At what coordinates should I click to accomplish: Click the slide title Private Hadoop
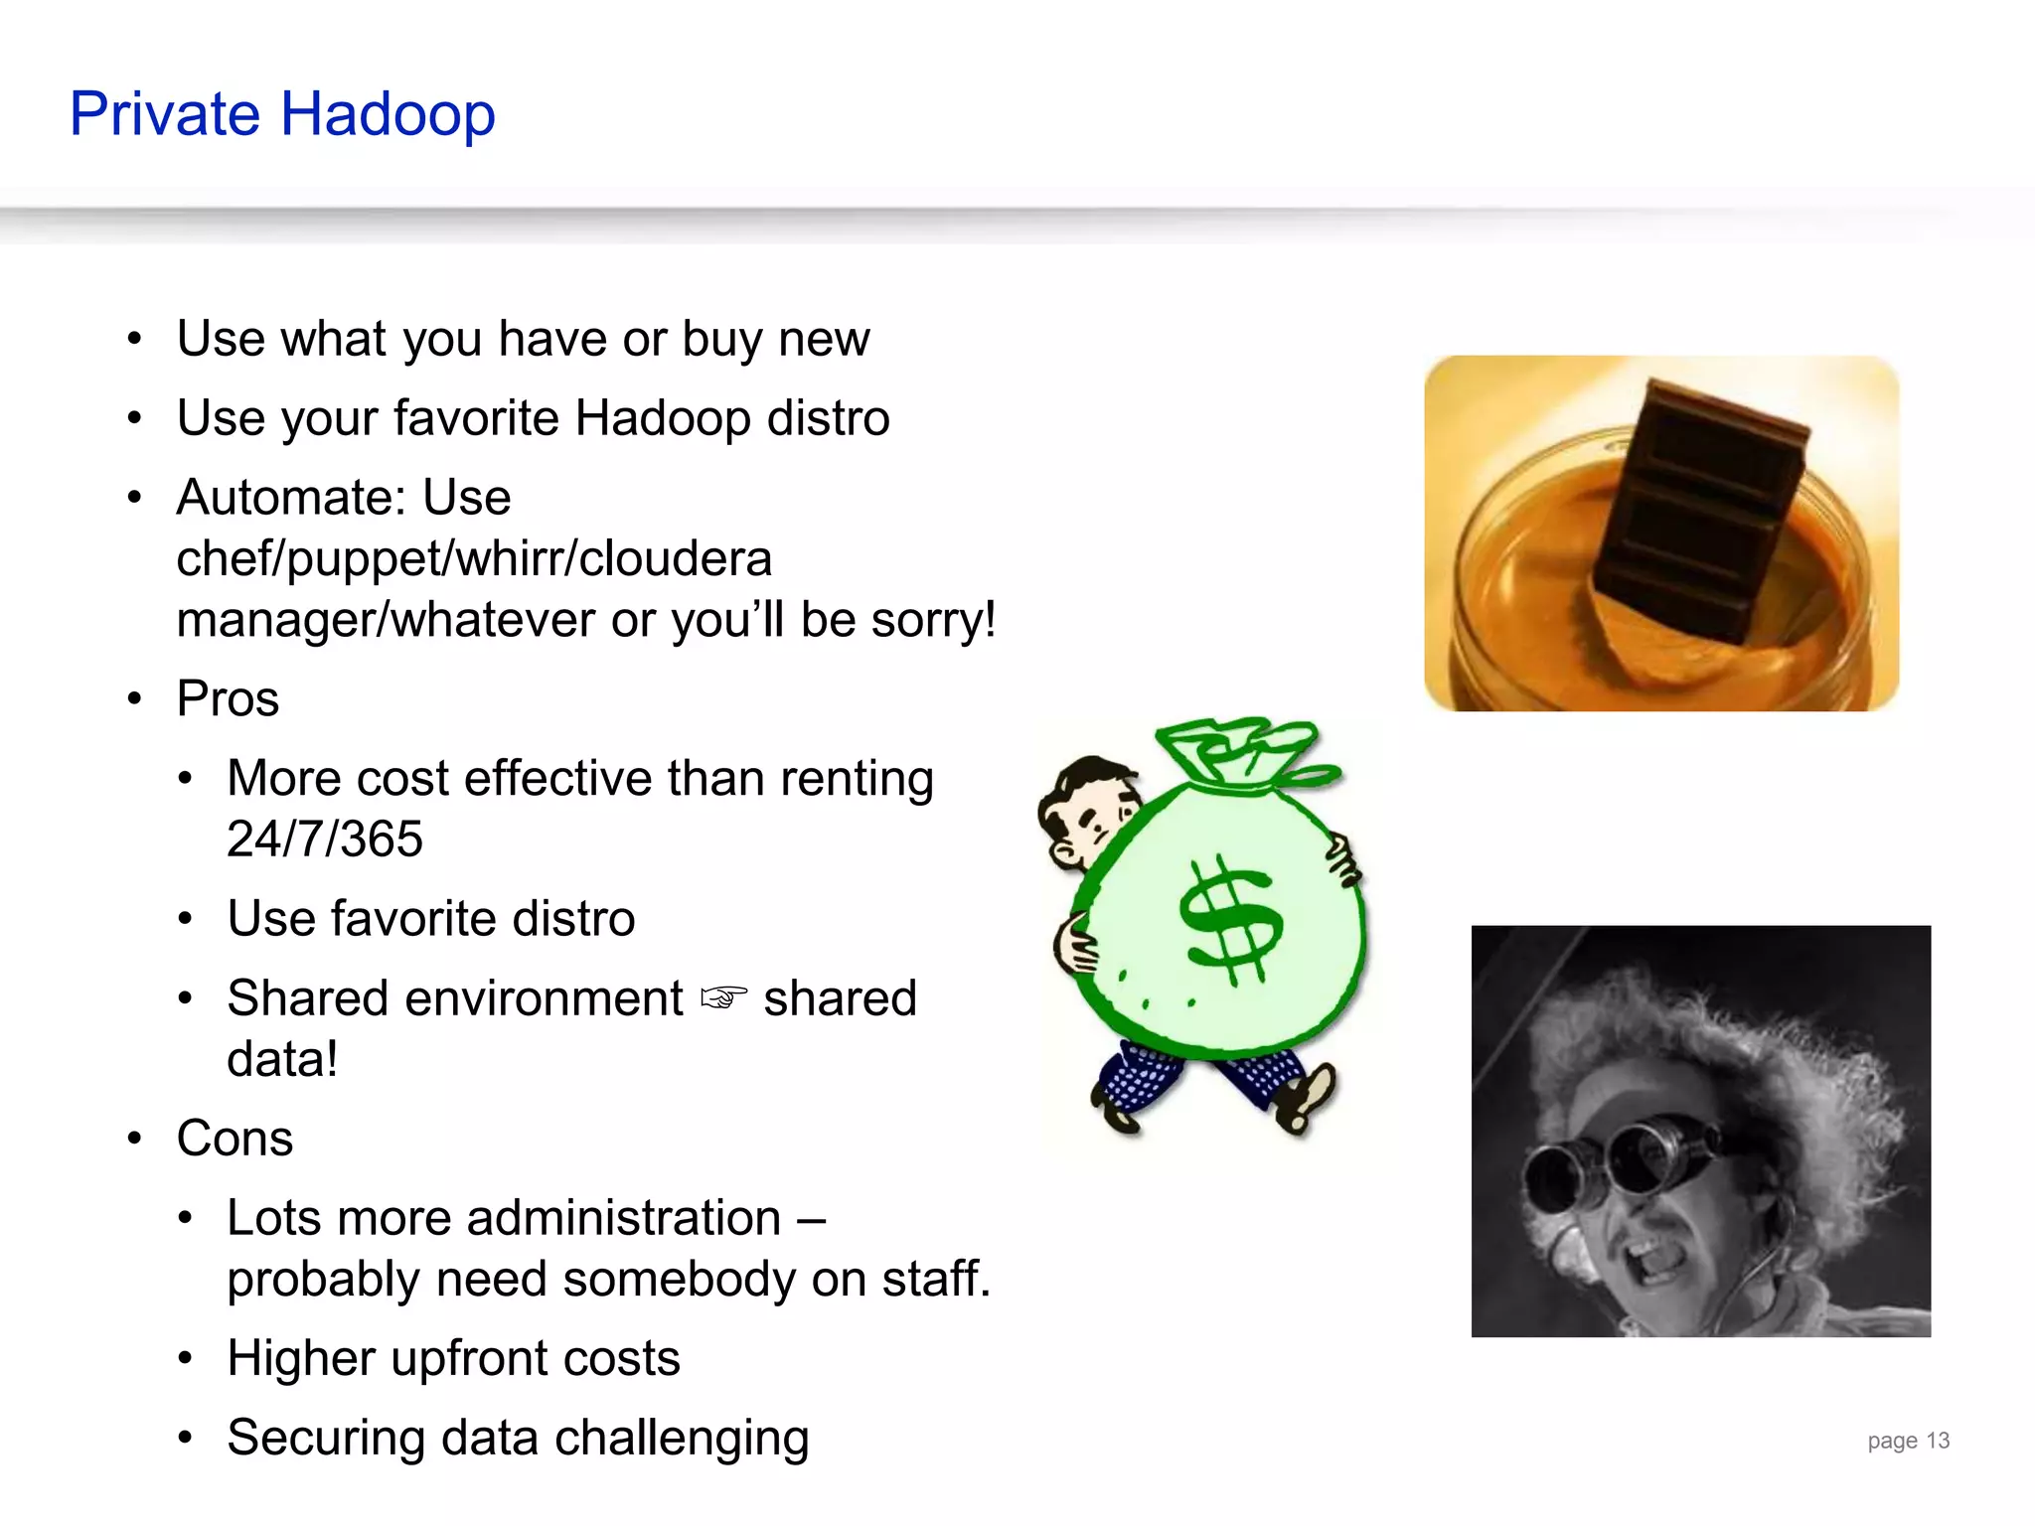(x=282, y=114)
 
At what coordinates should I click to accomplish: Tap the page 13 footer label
(x=1908, y=1441)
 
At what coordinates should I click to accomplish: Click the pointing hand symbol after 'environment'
(x=723, y=997)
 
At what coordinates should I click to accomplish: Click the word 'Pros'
(x=228, y=698)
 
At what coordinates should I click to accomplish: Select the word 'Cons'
(x=235, y=1139)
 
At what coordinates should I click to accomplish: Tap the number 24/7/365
(x=324, y=839)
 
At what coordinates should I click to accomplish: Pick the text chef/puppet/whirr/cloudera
(x=474, y=558)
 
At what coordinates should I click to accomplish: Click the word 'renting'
(x=856, y=778)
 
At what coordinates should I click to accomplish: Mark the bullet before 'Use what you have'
(x=135, y=339)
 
